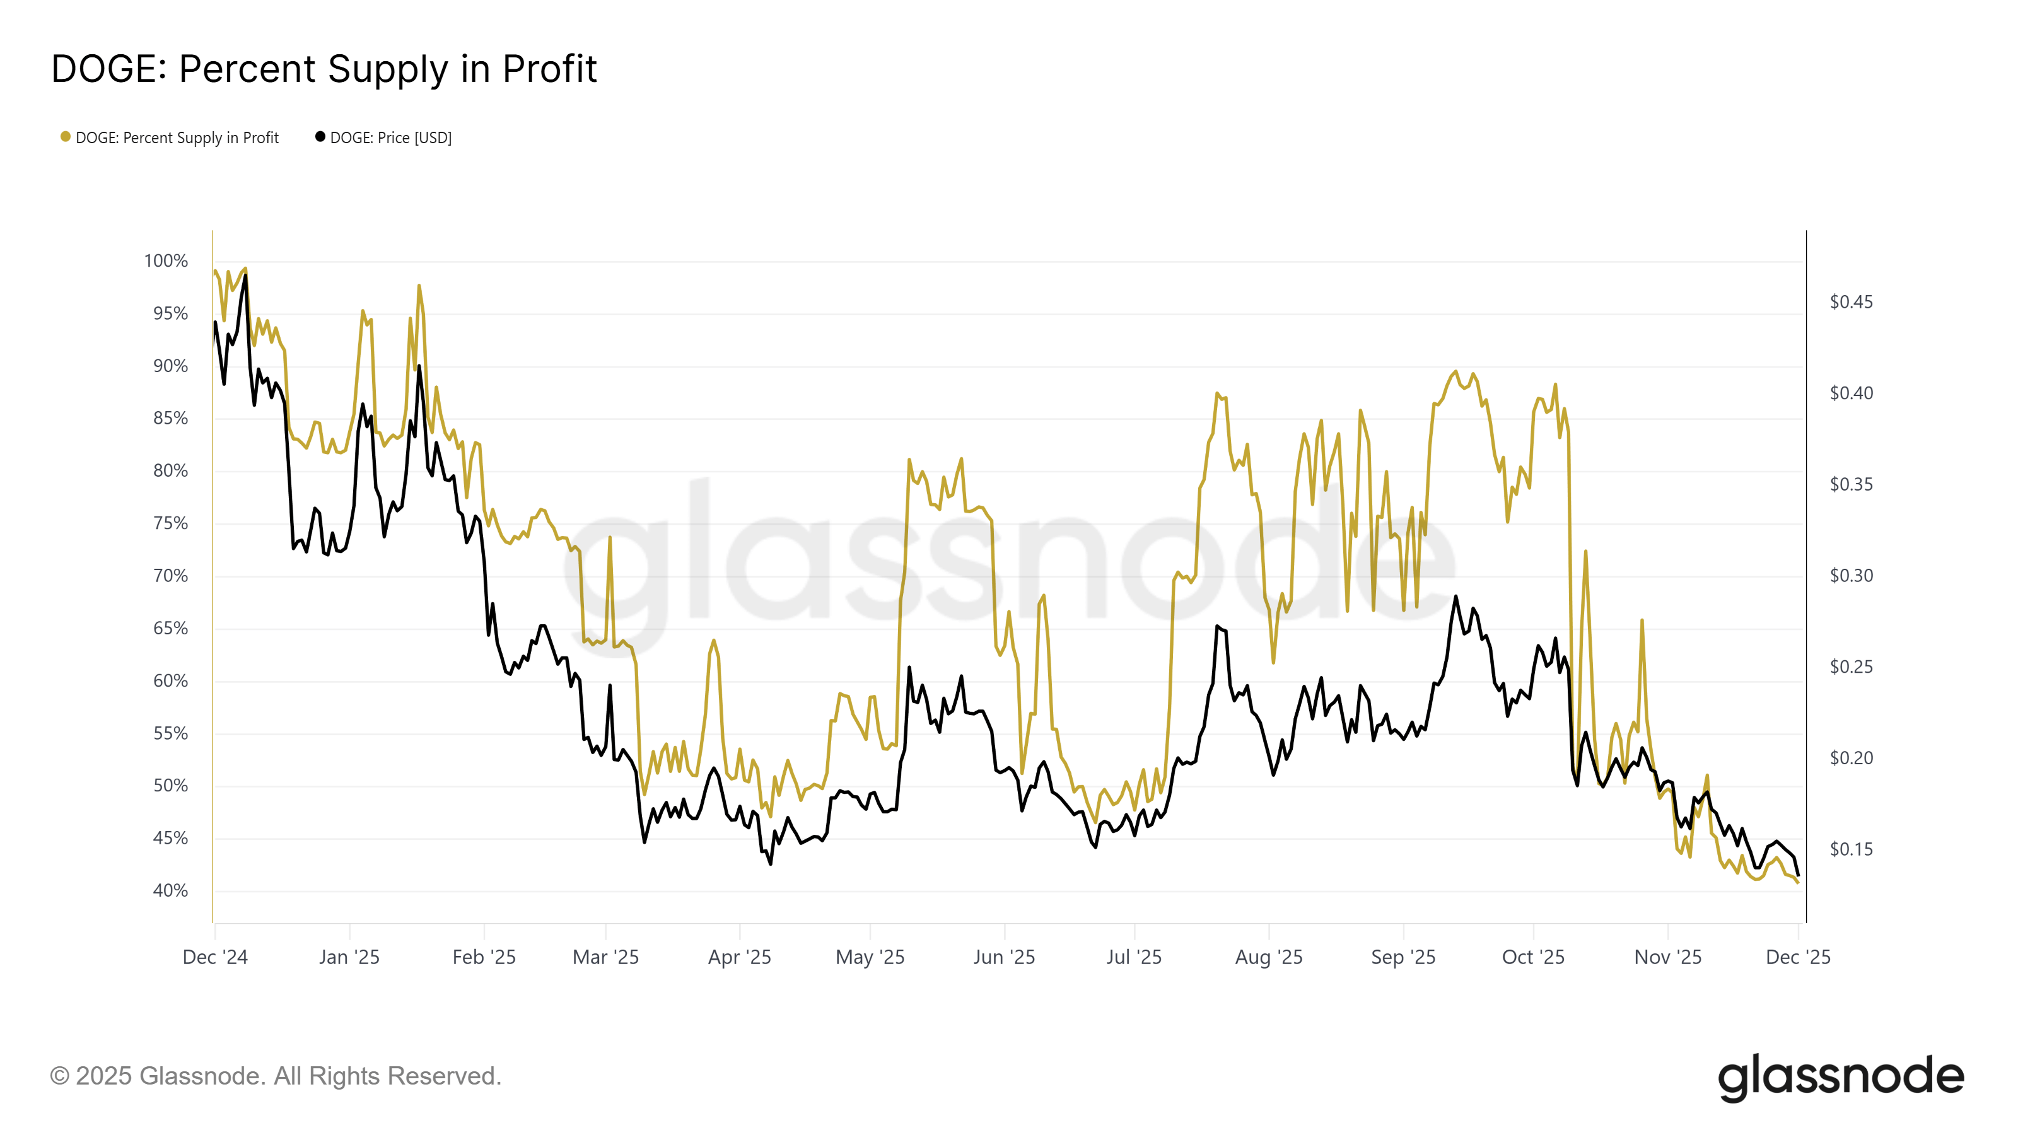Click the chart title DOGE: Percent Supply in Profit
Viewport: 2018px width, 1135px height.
coord(324,69)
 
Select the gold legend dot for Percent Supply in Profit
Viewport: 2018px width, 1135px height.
coord(66,137)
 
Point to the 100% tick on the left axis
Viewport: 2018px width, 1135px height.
coord(165,261)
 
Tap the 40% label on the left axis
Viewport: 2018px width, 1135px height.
coord(170,890)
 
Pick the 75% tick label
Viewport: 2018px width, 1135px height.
coord(170,523)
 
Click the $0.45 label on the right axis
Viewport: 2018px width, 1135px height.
coord(1850,301)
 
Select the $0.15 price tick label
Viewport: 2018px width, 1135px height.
coord(1850,849)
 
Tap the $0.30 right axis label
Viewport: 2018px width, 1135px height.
coord(1850,576)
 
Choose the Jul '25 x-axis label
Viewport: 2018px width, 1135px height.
coord(1134,957)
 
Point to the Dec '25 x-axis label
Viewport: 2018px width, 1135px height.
coord(1797,957)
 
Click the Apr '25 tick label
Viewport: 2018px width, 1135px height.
coord(740,957)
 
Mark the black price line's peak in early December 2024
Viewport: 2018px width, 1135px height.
coord(245,276)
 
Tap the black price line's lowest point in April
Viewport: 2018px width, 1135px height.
coord(770,863)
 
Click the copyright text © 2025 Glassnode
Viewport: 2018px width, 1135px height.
coord(275,1076)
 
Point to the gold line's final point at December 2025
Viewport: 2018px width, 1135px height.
coord(1798,883)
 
